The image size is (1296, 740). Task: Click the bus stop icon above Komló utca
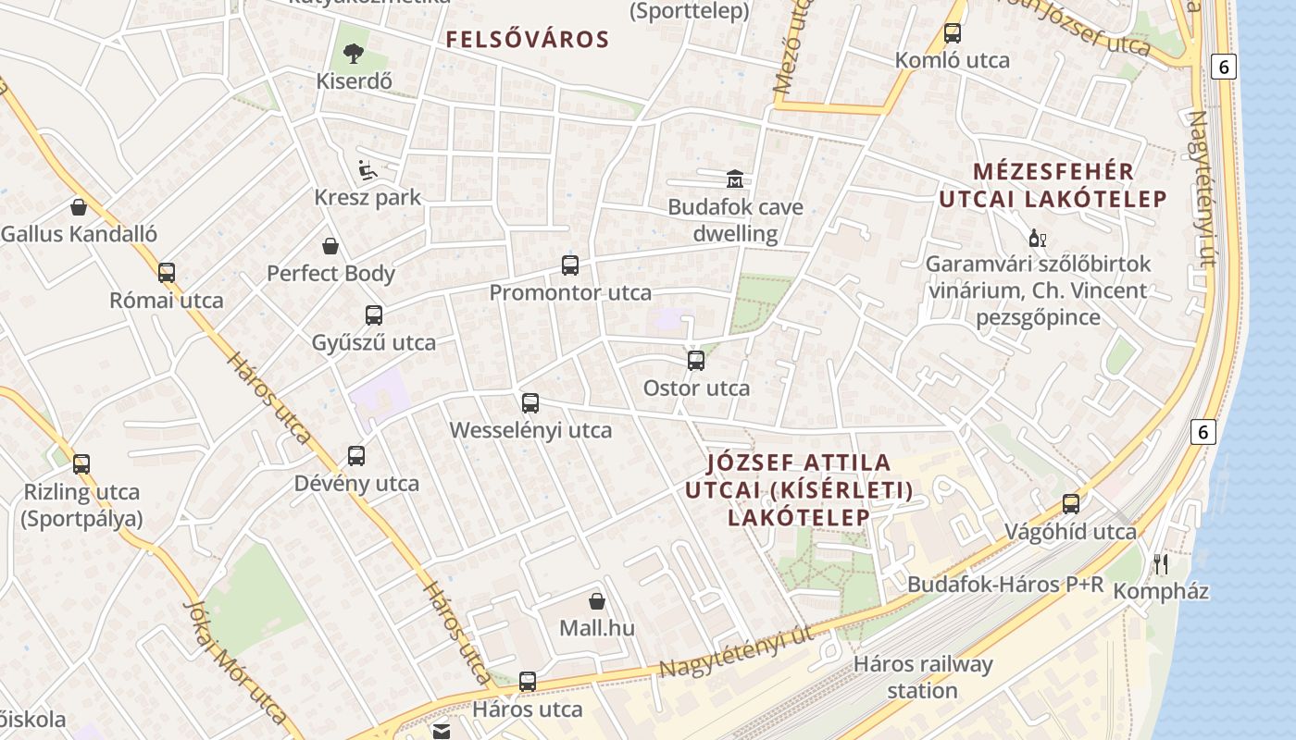953,33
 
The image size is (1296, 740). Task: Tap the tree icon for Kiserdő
354,53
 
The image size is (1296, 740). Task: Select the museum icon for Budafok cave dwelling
735,178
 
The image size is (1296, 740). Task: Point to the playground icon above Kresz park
368,169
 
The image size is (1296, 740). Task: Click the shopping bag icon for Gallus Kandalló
79,207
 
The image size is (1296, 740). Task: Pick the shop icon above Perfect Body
330,246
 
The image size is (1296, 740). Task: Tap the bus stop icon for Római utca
167,273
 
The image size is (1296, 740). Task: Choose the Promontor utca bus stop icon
570,265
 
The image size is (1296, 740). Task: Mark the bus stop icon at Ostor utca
696,361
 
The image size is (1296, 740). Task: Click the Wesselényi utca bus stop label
530,430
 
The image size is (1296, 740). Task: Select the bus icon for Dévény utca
356,456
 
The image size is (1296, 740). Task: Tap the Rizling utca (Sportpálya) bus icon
81,464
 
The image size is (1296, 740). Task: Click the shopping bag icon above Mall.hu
597,601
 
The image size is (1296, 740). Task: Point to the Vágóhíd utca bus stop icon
1071,504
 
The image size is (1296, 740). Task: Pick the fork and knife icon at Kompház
1161,563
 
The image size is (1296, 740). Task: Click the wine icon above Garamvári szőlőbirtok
1038,239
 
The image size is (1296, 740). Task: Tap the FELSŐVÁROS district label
528,40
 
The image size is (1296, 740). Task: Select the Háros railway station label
922,677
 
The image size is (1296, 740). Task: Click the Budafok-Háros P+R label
1005,585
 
